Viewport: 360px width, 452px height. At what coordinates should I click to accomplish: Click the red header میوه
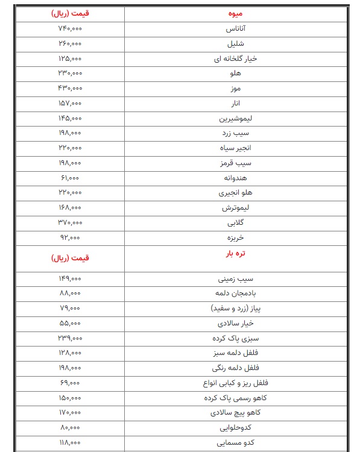coord(236,13)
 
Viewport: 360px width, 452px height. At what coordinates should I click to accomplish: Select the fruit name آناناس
coord(236,29)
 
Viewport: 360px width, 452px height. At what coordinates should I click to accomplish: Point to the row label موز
coord(236,89)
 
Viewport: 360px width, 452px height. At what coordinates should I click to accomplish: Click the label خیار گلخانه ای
coord(236,58)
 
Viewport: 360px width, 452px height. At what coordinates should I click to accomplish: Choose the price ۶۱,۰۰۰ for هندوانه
coord(70,178)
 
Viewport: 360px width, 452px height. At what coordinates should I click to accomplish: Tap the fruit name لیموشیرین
coord(236,118)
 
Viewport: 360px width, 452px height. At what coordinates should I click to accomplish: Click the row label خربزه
coord(236,238)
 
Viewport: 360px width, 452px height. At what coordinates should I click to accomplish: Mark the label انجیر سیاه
coord(236,148)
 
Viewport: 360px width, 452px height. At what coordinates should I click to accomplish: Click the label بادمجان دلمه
coord(236,293)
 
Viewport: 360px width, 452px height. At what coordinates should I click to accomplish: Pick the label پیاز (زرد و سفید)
coord(236,308)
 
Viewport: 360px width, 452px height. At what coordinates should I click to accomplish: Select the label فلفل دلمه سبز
coord(236,353)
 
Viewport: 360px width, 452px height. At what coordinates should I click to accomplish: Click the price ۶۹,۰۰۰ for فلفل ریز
coord(70,383)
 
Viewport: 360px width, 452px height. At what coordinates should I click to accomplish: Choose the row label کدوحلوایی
coord(236,428)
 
